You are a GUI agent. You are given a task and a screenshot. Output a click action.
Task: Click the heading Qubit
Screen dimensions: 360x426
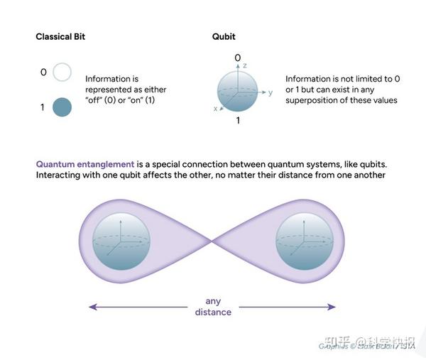click(224, 36)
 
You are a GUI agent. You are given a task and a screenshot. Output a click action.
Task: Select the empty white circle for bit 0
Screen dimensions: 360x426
click(62, 72)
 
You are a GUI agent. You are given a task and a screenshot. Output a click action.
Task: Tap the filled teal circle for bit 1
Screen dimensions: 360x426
click(62, 107)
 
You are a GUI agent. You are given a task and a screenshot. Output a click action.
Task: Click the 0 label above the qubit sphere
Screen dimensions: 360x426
click(237, 58)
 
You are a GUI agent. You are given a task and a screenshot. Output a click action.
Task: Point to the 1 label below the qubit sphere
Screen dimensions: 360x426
click(237, 121)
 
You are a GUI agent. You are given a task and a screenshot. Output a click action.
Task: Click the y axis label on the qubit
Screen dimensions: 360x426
click(271, 92)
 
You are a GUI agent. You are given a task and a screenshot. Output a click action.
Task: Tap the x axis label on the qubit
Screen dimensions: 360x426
click(214, 109)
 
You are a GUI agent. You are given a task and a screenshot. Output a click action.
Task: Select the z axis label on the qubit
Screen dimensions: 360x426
click(244, 65)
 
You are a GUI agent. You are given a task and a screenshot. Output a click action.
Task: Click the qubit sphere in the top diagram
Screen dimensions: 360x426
click(237, 89)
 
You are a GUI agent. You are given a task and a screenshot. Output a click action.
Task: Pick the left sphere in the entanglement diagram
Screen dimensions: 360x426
click(121, 242)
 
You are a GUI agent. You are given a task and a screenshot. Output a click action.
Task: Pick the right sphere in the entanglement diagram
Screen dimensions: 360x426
click(303, 242)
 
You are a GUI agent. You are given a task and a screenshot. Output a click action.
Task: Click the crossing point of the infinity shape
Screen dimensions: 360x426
click(212, 241)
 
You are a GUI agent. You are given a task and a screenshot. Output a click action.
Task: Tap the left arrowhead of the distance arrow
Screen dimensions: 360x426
click(92, 307)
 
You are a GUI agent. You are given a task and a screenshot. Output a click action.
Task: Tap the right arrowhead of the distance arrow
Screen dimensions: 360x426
click(332, 307)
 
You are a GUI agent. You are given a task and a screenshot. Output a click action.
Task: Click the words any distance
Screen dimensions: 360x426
click(213, 306)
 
